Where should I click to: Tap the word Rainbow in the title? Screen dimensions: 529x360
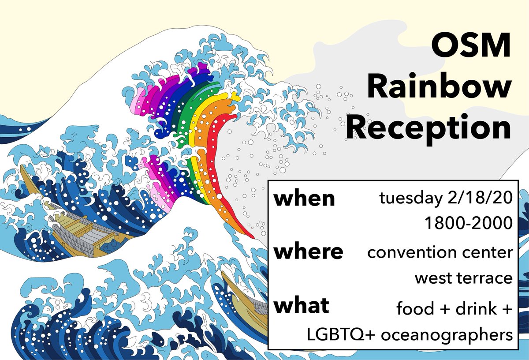(x=439, y=86)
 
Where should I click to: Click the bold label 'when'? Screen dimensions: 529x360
(x=304, y=199)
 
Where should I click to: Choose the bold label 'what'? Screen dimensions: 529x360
(x=302, y=305)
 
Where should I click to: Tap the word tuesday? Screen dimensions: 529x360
(x=411, y=199)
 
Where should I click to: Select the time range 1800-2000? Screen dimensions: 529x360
(x=469, y=223)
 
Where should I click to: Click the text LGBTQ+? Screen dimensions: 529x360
(x=340, y=334)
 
